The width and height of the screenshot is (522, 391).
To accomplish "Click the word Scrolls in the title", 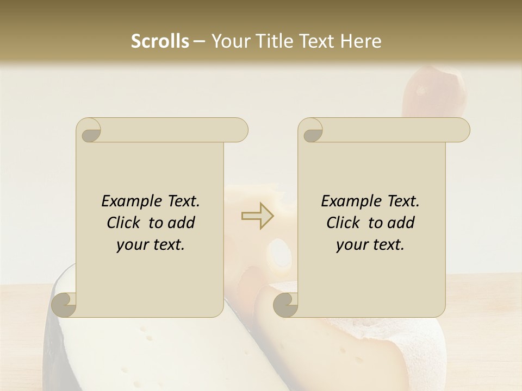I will tap(160, 41).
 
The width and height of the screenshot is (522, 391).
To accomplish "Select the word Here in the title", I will tap(361, 41).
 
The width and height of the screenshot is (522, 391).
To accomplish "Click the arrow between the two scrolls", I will tap(257, 216).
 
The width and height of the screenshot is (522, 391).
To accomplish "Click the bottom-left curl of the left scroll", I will tap(64, 304).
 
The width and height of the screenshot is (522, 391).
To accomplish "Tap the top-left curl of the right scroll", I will tap(311, 131).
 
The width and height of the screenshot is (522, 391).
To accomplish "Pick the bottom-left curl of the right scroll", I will tap(286, 304).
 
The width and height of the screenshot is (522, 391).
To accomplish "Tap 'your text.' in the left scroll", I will tap(151, 245).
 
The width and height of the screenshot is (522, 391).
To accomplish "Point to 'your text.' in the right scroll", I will tap(370, 245).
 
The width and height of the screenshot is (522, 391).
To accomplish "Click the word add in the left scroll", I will tap(182, 223).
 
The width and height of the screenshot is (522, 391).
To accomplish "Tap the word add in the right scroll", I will tap(401, 223).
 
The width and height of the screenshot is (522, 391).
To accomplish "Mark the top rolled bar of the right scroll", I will tap(391, 130).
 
